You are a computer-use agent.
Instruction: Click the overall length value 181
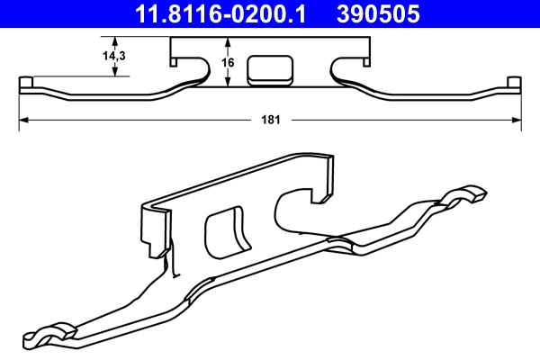click(x=270, y=118)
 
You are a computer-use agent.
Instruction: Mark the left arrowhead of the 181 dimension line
click(x=22, y=118)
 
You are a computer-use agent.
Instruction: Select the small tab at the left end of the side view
click(x=26, y=84)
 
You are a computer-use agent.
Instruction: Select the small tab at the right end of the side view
click(x=514, y=84)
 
